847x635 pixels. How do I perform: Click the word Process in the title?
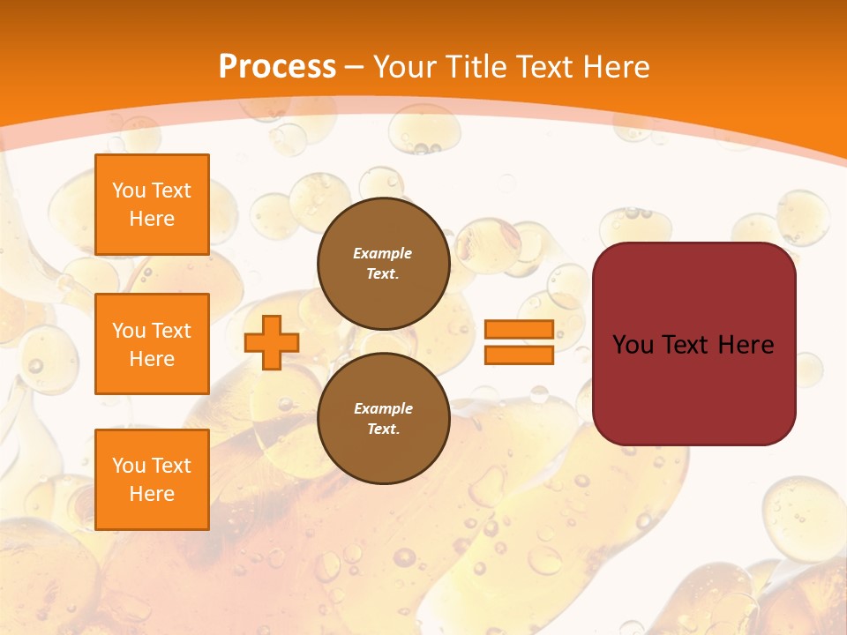coord(277,66)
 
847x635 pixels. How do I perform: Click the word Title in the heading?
coord(479,66)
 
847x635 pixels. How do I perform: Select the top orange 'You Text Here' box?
coord(152,205)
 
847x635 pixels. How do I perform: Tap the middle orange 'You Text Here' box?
coord(152,344)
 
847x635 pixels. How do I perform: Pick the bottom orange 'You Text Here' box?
coord(152,480)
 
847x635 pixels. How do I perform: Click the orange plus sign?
coord(271,343)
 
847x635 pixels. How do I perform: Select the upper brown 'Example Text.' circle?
coord(383,264)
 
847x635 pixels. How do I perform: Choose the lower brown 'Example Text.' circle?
coord(383,419)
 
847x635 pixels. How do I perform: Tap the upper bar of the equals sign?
coord(519,330)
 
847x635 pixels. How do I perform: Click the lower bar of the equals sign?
coord(519,355)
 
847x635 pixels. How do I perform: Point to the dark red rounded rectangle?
coord(693,388)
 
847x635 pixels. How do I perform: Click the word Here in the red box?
coord(746,345)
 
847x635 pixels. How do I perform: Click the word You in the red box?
coord(633,345)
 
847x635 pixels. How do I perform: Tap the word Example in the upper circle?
coord(383,254)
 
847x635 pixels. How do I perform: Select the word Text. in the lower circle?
coord(383,430)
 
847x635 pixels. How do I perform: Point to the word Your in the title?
coord(407,66)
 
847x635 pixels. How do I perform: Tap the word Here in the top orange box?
coord(152,219)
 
